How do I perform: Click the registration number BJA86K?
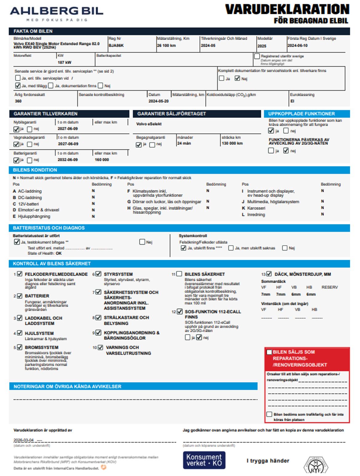pos(116,46)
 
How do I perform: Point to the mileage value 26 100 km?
pos(166,46)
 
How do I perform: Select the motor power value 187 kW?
pos(65,63)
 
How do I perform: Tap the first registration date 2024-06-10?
pos(298,46)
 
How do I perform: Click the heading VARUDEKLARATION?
pos(287,10)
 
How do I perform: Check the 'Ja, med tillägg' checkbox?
pos(18,86)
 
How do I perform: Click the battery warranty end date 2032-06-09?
pos(68,160)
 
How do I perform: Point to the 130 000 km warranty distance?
pos(232,143)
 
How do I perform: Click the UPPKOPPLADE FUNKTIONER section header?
pos(302,114)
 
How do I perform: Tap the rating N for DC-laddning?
pos(93,197)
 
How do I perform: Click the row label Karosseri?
pos(256,208)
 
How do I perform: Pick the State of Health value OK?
pos(59,253)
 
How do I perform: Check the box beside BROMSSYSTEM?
pos(20,347)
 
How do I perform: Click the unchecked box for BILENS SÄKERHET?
pos(179,274)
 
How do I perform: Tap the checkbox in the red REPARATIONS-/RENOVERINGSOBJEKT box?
pos(269,352)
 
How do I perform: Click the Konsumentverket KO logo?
pos(204,460)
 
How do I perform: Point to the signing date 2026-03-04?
pos(24,440)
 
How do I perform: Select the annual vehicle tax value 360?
pos(18,101)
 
